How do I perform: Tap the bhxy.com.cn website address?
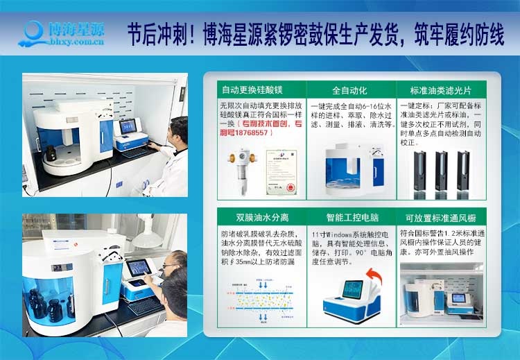[x=73, y=42]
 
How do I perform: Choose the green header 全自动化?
[x=348, y=90]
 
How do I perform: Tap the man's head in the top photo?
[x=179, y=128]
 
